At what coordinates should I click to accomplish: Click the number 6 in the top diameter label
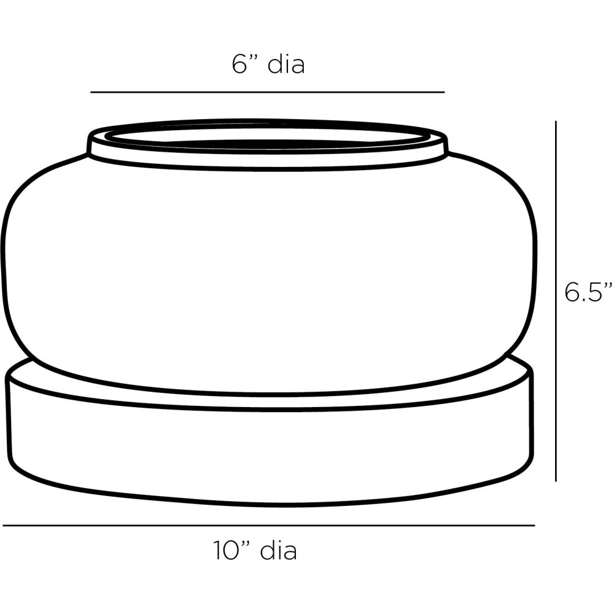pos(239,64)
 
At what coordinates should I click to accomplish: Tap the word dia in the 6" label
pos(286,64)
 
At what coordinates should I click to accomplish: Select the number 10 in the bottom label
pos(225,551)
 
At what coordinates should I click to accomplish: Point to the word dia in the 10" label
pos(279,551)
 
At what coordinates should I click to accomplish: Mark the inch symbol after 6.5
pos(607,286)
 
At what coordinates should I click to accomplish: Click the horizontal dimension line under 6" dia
pos(267,92)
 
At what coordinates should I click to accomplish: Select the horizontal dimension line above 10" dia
pos(268,526)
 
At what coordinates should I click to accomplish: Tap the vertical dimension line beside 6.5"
pos(556,301)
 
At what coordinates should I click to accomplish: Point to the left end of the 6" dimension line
pos(92,92)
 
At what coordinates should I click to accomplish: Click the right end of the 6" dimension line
pos(443,92)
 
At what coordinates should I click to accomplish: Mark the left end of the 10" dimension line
pos(4,526)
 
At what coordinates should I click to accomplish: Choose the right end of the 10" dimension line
pos(534,526)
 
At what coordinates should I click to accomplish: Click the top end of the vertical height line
pos(556,122)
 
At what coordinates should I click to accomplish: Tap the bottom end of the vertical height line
pos(556,480)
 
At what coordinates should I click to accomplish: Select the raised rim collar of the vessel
pos(267,157)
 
